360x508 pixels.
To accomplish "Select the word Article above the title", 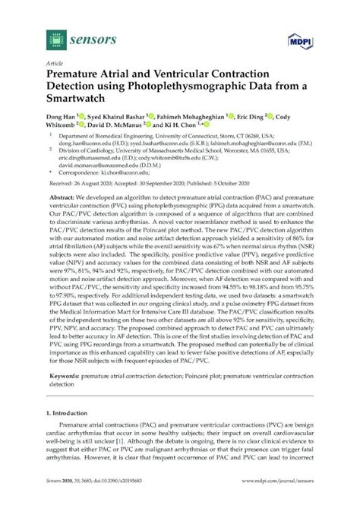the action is point(55,65).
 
